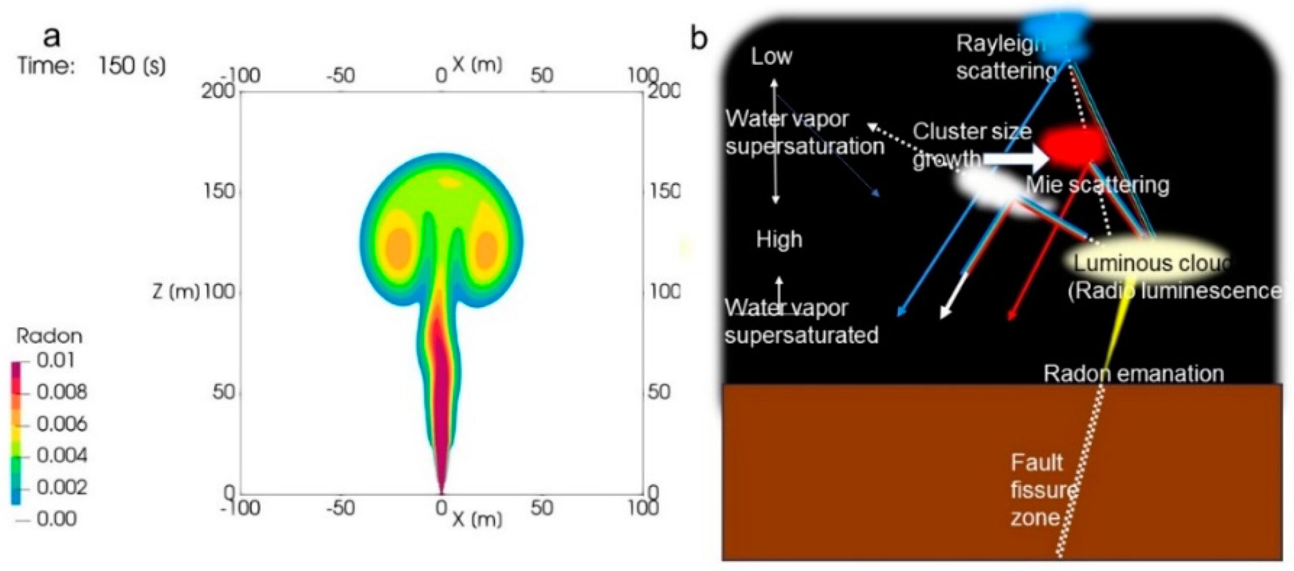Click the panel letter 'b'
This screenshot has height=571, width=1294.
click(x=699, y=38)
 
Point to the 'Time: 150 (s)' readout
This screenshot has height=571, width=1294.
click(x=91, y=66)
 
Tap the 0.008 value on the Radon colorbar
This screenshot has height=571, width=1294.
click(x=62, y=392)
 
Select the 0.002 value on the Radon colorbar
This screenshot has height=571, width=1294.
click(x=62, y=487)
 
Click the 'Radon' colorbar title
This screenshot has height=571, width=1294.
click(x=49, y=336)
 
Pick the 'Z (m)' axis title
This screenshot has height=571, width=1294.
click(x=176, y=292)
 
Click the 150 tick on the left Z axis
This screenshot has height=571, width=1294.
click(x=219, y=191)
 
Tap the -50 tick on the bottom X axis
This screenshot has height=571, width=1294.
click(x=340, y=508)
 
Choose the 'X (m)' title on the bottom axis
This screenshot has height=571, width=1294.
click(x=477, y=519)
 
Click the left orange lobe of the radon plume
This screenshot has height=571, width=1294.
click(x=398, y=248)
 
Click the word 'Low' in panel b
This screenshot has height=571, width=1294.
click(x=771, y=57)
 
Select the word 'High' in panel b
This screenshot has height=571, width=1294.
click(x=779, y=239)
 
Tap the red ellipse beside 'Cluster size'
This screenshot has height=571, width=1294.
click(x=1073, y=146)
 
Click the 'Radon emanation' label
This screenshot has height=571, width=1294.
click(x=1134, y=374)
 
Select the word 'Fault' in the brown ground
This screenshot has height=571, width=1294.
click(x=1036, y=462)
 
